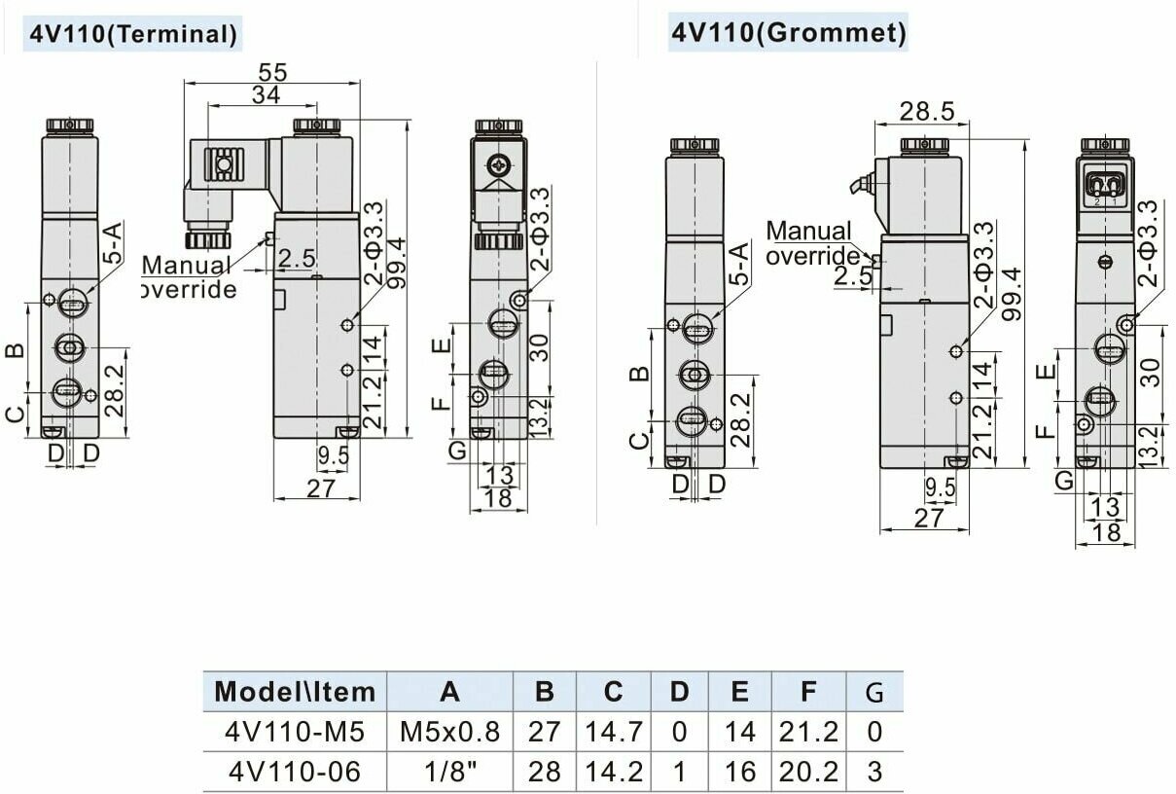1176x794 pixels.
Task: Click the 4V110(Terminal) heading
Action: point(133,35)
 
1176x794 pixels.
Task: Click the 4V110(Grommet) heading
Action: point(789,32)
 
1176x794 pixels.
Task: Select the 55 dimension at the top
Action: point(273,72)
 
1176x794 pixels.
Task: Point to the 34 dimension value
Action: point(267,95)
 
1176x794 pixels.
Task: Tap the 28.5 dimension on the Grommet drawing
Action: point(927,111)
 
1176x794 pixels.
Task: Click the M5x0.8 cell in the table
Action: point(449,732)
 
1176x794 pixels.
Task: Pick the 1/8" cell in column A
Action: point(450,772)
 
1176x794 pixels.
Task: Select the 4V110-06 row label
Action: point(295,772)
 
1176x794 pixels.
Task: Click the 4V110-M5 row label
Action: point(295,732)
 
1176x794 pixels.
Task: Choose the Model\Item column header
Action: point(295,692)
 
